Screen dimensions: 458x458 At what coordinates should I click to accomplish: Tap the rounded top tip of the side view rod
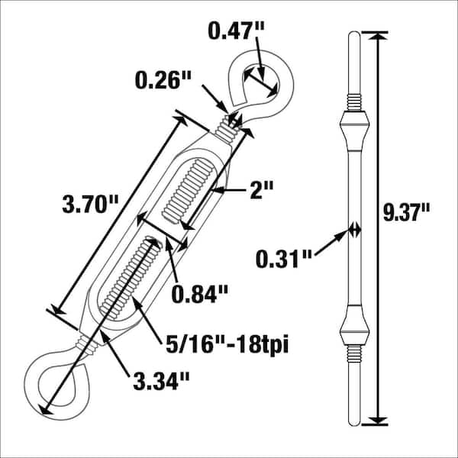(x=353, y=36)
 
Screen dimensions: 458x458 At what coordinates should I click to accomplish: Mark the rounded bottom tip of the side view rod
(x=353, y=419)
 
